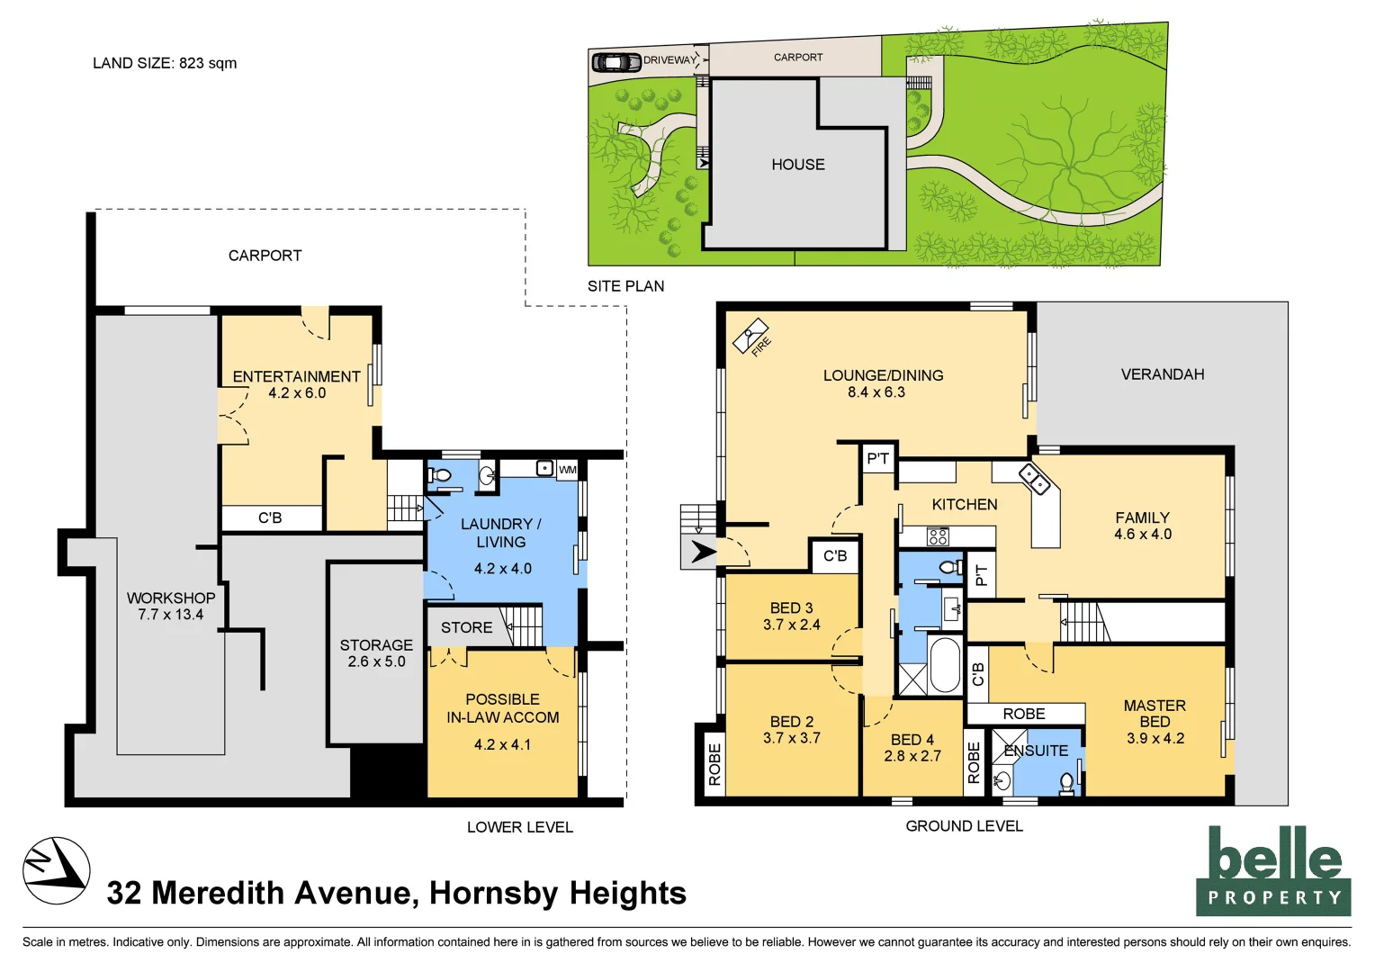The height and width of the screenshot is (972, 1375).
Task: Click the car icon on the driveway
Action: click(616, 62)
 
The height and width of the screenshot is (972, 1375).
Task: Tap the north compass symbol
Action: click(56, 870)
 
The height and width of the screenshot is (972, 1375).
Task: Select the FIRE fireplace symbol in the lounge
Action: click(752, 338)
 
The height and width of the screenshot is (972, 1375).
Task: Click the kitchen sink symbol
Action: click(1034, 479)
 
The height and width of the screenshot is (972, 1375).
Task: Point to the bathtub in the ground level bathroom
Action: click(945, 665)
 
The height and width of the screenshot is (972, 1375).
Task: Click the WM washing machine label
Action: click(567, 470)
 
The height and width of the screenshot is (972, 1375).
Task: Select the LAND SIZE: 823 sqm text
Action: click(165, 63)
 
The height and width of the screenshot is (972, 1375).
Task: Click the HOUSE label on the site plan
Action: click(797, 165)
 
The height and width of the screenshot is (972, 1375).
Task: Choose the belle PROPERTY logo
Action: click(1273, 871)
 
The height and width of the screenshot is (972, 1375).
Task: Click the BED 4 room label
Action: click(912, 748)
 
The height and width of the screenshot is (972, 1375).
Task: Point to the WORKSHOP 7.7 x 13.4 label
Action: click(171, 606)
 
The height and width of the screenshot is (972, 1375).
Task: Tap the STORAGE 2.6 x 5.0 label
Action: click(376, 653)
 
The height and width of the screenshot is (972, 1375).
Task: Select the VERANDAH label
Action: click(1162, 374)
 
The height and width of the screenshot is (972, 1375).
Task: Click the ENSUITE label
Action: click(1037, 751)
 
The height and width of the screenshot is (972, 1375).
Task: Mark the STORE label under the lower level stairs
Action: click(466, 627)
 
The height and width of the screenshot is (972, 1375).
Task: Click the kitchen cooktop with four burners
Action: click(938, 537)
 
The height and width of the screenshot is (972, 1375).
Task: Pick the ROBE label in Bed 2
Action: click(714, 764)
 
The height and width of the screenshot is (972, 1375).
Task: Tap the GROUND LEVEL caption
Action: click(964, 826)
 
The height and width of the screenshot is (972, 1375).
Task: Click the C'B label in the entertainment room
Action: click(270, 517)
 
